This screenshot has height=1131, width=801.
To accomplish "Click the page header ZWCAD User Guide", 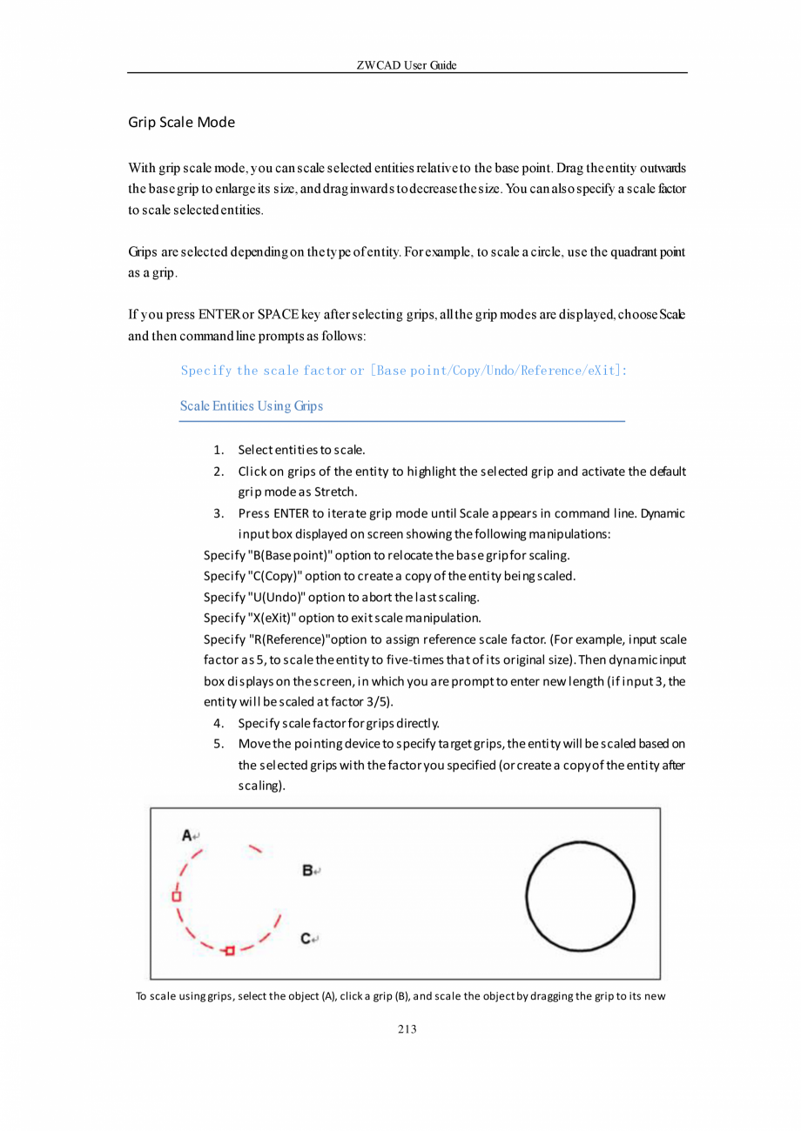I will (407, 66).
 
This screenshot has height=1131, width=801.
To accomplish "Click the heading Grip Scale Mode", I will (181, 122).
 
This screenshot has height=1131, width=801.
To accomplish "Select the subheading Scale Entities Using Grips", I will (252, 406).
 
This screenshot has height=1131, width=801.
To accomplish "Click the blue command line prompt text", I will (405, 371).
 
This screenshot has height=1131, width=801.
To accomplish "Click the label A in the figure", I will (186, 835).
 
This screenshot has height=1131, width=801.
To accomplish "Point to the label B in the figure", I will (307, 870).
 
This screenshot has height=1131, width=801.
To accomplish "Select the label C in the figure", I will (307, 938).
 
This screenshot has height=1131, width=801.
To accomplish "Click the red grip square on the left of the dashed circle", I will (176, 895).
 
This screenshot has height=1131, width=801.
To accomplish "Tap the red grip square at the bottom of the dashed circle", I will (230, 951).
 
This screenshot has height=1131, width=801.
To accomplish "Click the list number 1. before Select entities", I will (219, 450).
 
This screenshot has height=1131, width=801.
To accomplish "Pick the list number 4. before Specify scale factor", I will (219, 723).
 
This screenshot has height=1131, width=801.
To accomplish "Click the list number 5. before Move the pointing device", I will (219, 744).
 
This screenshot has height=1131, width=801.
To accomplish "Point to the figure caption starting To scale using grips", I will (400, 996).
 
